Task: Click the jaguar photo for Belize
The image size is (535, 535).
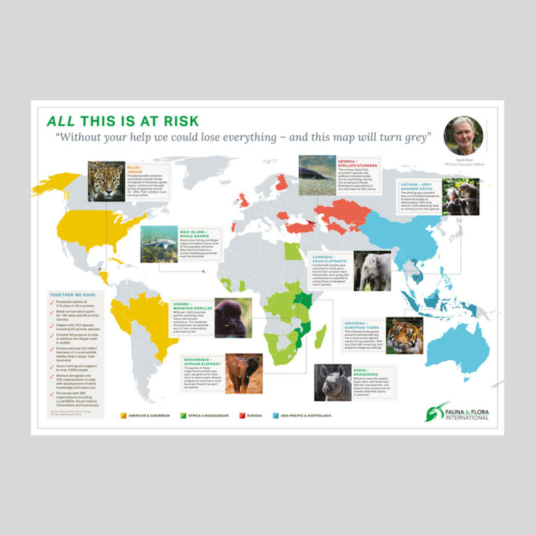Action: point(107,181)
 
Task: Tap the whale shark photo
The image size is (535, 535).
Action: point(159,244)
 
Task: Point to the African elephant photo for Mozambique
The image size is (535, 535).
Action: point(244,373)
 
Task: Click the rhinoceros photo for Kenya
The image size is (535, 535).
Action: point(332,382)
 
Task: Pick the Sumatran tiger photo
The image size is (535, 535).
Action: point(404,336)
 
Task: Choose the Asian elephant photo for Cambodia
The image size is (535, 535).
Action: point(372,270)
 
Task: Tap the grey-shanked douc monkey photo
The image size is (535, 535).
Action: point(460,196)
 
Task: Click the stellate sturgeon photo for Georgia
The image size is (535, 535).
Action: point(317,175)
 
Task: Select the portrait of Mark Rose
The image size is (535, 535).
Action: point(463,135)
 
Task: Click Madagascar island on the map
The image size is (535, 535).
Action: point(320,339)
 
